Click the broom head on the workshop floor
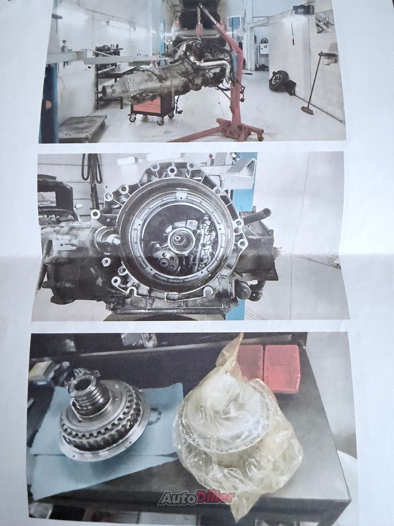coord(307,110)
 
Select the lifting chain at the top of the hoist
coord(199,20)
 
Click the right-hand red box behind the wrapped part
coord(281,367)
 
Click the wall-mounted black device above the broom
coord(303,9)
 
